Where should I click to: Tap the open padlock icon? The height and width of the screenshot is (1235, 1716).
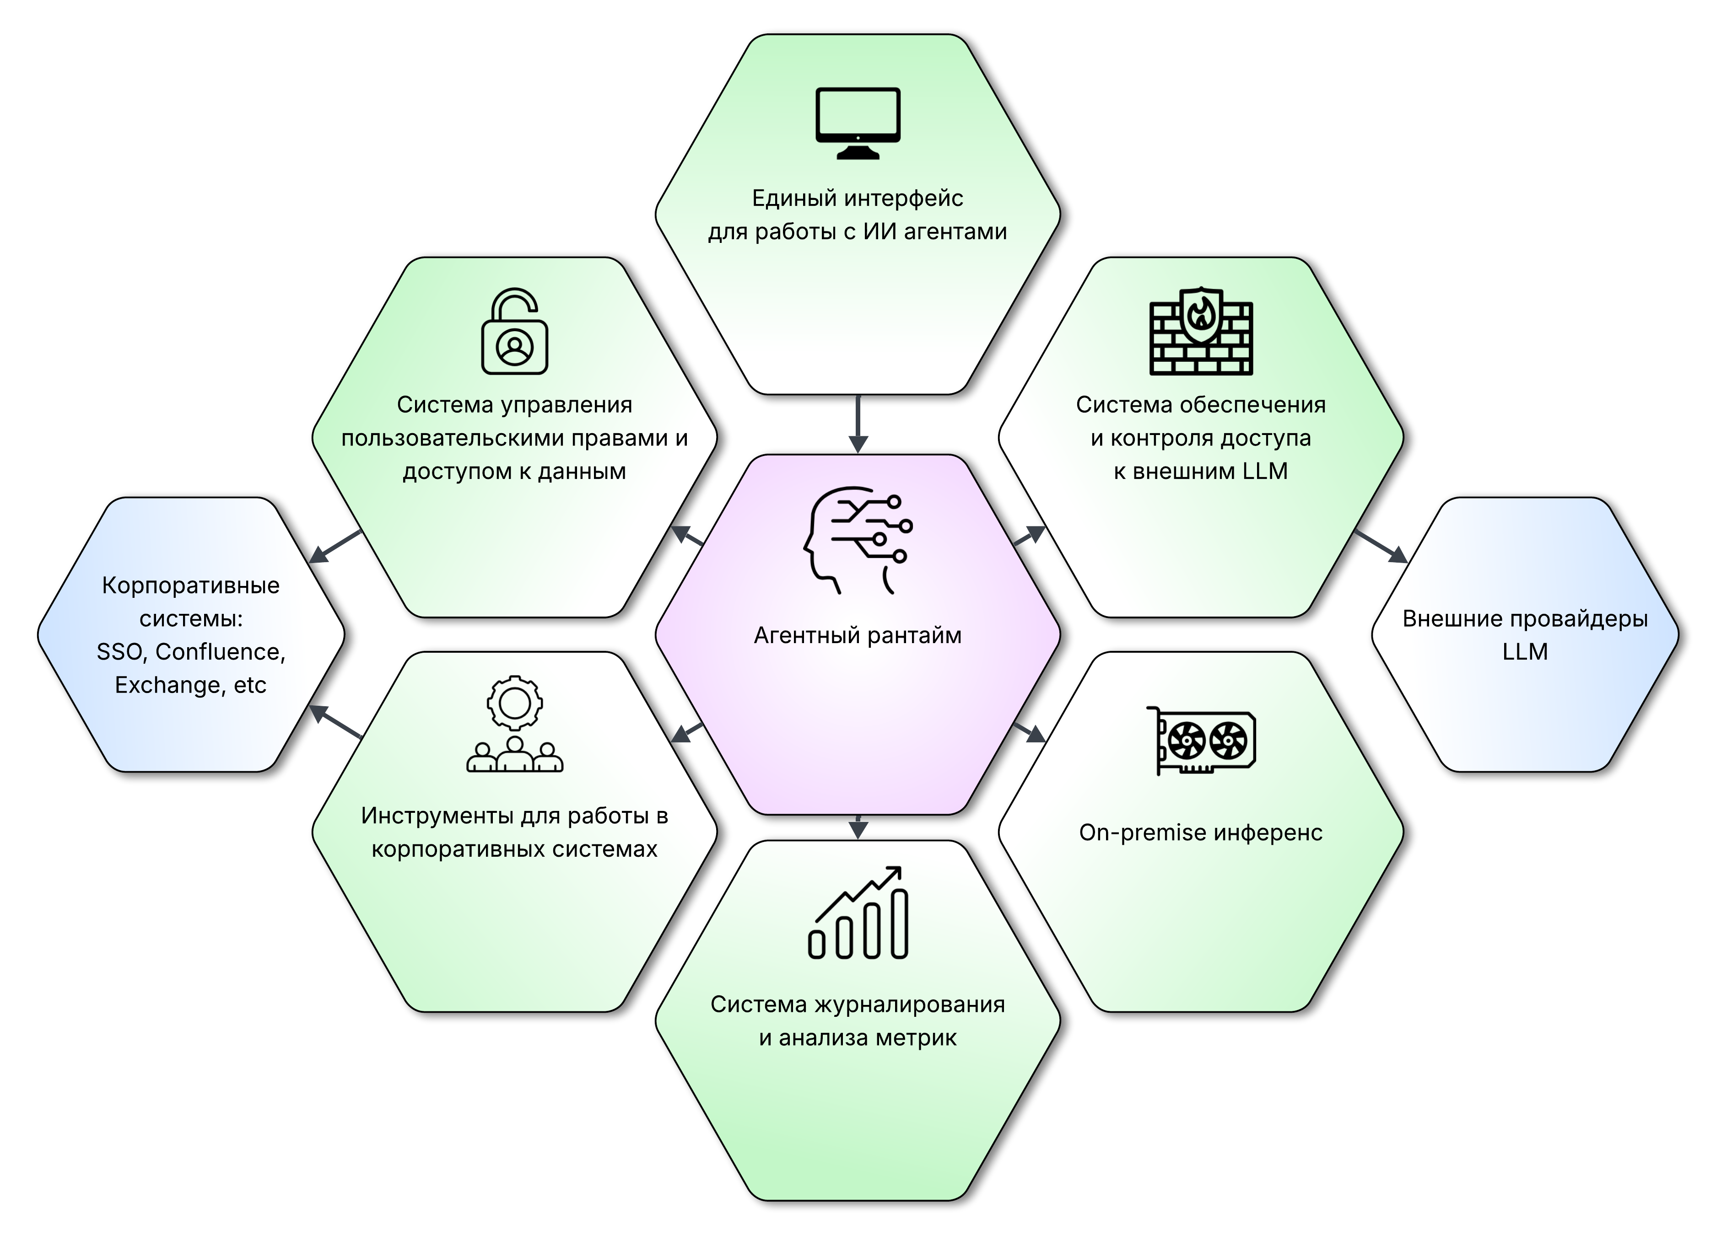[x=514, y=331]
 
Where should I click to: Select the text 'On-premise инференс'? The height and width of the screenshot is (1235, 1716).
[x=1201, y=832]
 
